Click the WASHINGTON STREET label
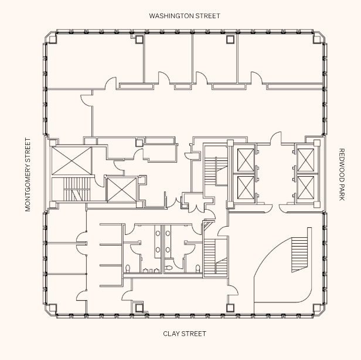click(184, 16)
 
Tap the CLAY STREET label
click(185, 334)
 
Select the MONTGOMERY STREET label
click(28, 174)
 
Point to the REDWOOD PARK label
click(342, 174)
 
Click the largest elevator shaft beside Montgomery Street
click(71, 161)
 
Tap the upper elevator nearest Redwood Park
click(306, 160)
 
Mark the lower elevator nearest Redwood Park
click(306, 187)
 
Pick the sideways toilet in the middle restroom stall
click(169, 268)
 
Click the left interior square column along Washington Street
click(139, 39)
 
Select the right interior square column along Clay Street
click(230, 307)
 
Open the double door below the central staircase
click(196, 206)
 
